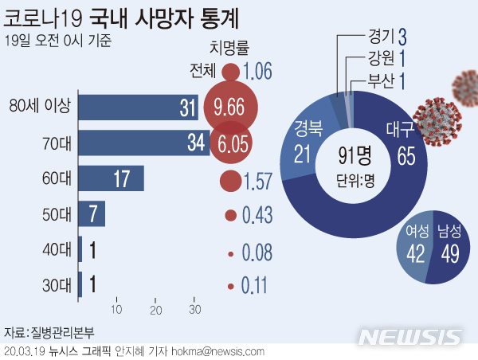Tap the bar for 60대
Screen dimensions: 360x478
112,178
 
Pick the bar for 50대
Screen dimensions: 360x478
92,213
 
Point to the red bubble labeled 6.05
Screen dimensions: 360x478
230,143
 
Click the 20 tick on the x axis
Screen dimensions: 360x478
156,309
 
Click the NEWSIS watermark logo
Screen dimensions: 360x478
413,337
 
